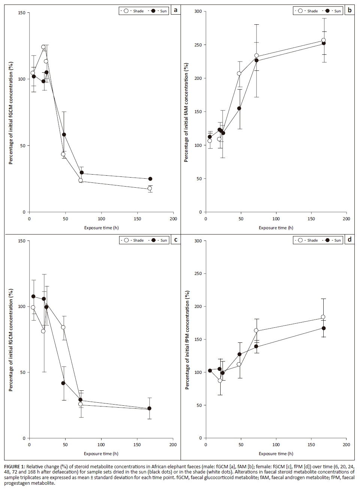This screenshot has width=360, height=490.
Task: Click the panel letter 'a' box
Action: (x=175, y=10)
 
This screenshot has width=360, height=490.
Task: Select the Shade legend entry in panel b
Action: (x=308, y=11)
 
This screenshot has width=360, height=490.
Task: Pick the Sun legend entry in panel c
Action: (x=160, y=240)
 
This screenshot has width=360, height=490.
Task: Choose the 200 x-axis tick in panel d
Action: (x=347, y=445)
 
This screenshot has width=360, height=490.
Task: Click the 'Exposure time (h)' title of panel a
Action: (x=101, y=228)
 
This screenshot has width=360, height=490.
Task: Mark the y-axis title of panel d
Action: (x=187, y=340)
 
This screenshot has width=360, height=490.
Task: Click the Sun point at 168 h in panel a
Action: (x=150, y=179)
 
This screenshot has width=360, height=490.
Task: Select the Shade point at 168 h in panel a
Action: (x=149, y=188)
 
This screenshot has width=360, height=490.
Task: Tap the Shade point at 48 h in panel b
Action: (x=239, y=73)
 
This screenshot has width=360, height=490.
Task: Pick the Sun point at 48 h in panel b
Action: (x=239, y=109)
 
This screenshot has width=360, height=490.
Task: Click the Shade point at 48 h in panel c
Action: (x=63, y=327)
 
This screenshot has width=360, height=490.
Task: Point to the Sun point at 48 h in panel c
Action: (x=63, y=383)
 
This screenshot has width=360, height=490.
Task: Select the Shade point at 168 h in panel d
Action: (x=323, y=317)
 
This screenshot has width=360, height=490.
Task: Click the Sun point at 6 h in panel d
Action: (x=210, y=370)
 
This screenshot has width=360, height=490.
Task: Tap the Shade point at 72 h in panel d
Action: (x=256, y=330)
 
